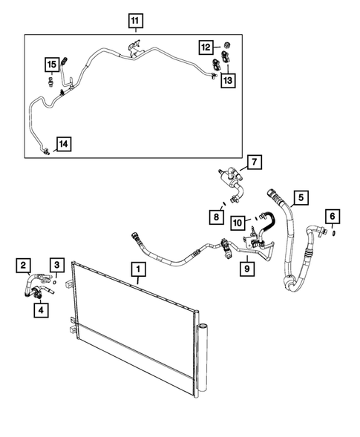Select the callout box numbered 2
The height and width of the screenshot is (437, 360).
(24, 264)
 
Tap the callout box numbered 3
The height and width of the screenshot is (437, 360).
(56, 264)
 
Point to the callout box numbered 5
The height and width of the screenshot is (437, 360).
(301, 197)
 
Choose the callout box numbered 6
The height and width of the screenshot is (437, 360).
(333, 217)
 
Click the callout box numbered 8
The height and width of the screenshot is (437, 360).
(215, 215)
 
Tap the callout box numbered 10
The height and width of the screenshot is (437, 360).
(238, 222)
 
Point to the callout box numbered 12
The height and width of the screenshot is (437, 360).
(206, 47)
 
